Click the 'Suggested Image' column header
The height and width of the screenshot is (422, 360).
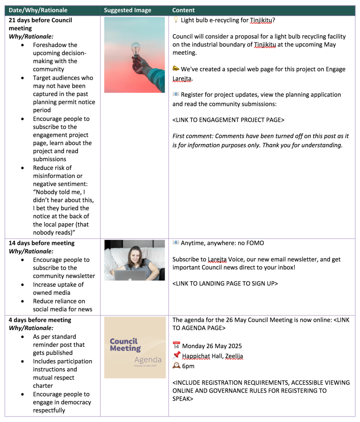point(128,10)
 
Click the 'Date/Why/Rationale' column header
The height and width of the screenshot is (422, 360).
point(38,10)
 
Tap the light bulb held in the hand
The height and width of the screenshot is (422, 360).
point(135,49)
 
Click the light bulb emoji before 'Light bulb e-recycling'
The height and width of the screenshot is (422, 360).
point(175,20)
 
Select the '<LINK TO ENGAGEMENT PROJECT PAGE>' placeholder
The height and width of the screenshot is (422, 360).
point(228,120)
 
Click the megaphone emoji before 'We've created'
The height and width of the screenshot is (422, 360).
point(176,69)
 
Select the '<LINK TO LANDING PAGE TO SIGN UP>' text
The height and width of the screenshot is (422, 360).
point(225,283)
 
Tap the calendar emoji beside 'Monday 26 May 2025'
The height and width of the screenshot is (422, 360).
point(176,346)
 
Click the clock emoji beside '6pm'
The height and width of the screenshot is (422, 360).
point(176,366)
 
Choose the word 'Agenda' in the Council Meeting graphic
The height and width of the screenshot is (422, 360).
point(147,360)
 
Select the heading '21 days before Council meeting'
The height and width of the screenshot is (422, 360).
point(40,24)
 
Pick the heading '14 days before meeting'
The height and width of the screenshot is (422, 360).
point(42,243)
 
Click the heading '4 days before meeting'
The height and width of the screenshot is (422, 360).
point(40,320)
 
